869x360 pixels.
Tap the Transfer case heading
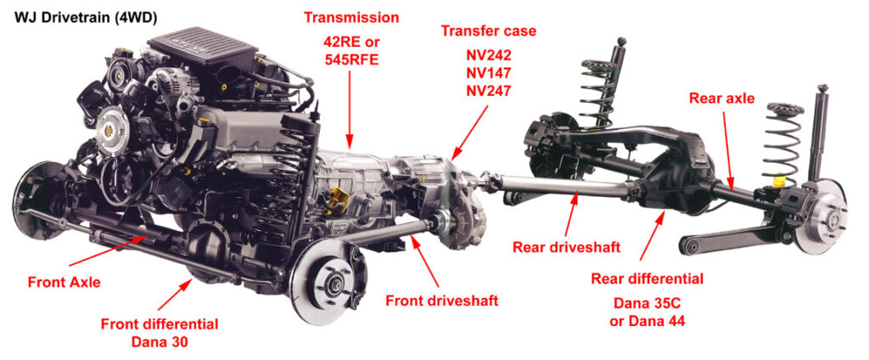click(488, 31)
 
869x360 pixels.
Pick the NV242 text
click(488, 52)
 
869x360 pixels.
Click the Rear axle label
click(721, 98)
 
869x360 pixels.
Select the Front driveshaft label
click(441, 301)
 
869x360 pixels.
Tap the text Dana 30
click(160, 341)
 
